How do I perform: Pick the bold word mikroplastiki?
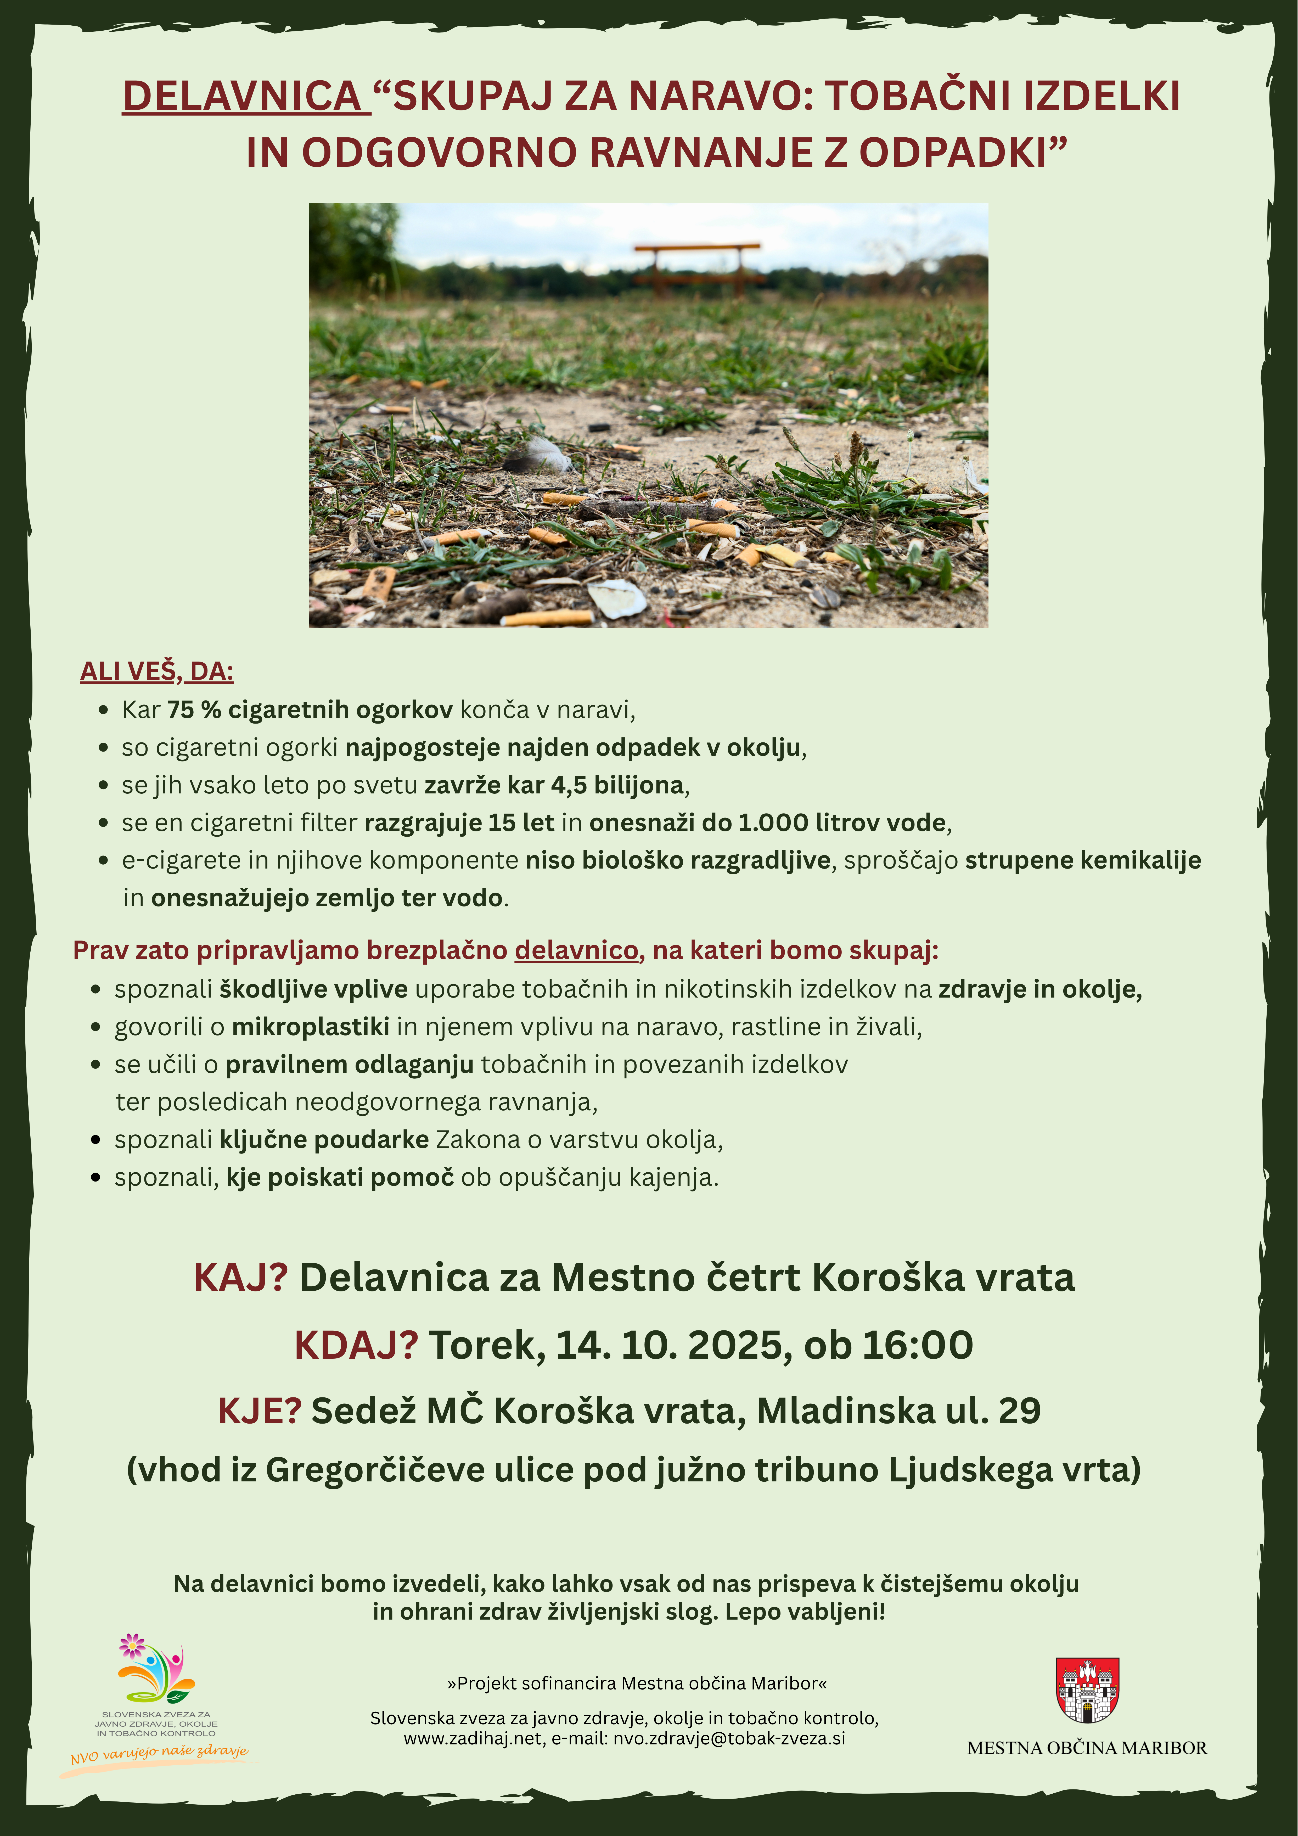[x=310, y=1027]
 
